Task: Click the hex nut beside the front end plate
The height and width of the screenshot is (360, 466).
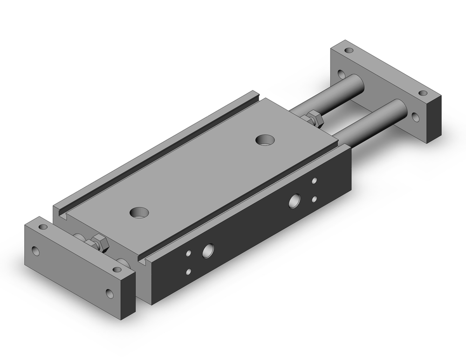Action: pyautogui.click(x=98, y=242)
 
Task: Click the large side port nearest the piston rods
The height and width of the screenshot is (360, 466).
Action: pyautogui.click(x=295, y=201)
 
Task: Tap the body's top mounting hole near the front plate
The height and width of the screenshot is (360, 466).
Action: pyautogui.click(x=139, y=212)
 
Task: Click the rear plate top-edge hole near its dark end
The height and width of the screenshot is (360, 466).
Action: pyautogui.click(x=423, y=94)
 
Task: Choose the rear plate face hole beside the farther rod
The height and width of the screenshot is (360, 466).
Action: pyautogui.click(x=342, y=75)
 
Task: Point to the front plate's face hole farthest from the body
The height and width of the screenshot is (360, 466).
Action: pyautogui.click(x=36, y=251)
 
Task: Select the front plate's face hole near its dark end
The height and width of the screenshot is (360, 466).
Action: pyautogui.click(x=110, y=293)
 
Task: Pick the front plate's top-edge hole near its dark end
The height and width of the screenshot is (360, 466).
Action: pyautogui.click(x=117, y=269)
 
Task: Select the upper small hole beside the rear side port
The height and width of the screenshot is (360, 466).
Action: pyautogui.click(x=315, y=180)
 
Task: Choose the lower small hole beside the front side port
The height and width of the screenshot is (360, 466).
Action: pyautogui.click(x=188, y=271)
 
